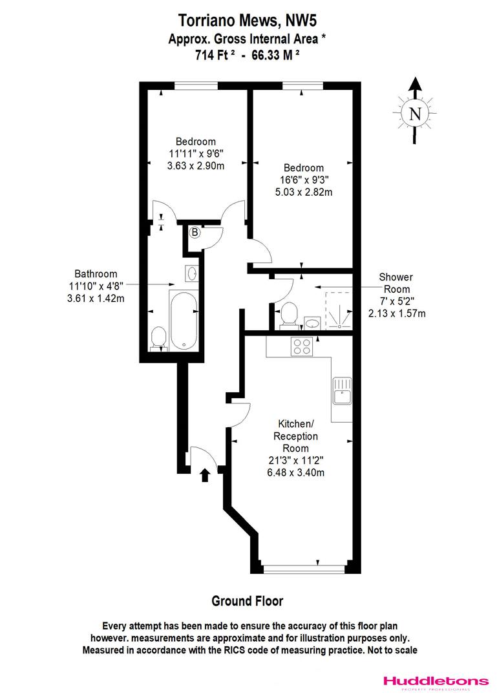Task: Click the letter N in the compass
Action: (415, 114)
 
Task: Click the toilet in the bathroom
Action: (158, 338)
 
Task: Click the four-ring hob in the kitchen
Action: (302, 346)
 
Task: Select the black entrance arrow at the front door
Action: (206, 475)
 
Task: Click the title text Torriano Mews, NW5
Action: (248, 23)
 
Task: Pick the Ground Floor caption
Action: (248, 601)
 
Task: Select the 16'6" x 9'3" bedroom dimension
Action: (302, 180)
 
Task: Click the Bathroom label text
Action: (95, 273)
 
